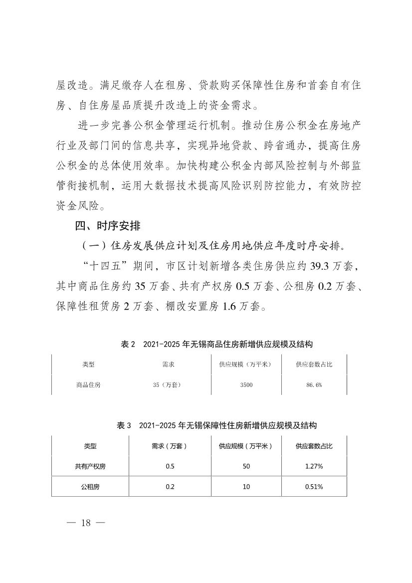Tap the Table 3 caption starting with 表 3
(x=217, y=426)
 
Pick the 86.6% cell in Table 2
(x=314, y=385)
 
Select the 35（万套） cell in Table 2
(x=168, y=385)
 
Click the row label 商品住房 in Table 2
(x=88, y=385)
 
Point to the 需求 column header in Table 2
(x=168, y=365)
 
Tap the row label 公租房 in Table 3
(x=90, y=487)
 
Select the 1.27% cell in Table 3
(x=314, y=467)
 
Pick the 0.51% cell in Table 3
(x=314, y=487)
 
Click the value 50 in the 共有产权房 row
(x=246, y=467)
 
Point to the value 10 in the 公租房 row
(x=246, y=487)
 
